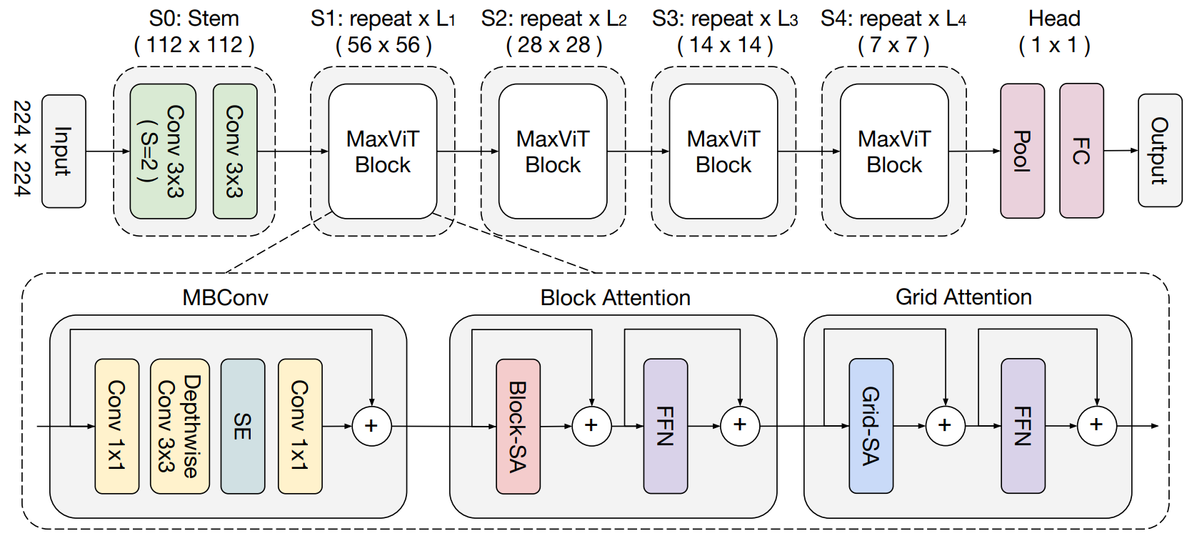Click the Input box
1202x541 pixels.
click(64, 151)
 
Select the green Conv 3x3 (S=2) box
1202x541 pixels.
click(163, 151)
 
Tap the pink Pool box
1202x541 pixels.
click(1022, 151)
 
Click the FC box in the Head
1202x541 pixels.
click(1081, 151)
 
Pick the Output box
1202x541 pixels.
click(1159, 151)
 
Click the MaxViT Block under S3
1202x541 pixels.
click(723, 151)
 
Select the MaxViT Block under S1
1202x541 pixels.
click(383, 151)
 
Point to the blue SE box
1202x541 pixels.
click(242, 426)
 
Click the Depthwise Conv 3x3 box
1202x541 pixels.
click(179, 426)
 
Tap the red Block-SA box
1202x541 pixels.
click(518, 426)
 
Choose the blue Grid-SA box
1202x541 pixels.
click(871, 426)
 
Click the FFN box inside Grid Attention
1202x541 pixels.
click(1023, 426)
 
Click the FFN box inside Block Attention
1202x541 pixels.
click(665, 426)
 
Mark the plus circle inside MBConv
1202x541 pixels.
click(371, 426)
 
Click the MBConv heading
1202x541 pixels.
click(226, 297)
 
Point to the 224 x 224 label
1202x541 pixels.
click(22, 148)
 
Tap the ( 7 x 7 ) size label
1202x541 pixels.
click(893, 45)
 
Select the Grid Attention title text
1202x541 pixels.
click(963, 297)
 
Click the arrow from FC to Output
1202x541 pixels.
click(1121, 150)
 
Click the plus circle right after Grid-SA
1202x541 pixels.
click(945, 426)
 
